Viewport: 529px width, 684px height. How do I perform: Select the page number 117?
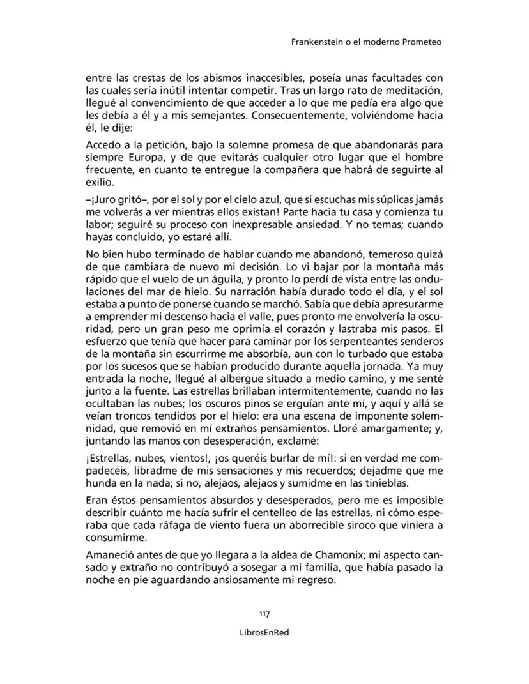[264, 614]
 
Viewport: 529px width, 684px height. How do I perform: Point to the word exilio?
[98, 183]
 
